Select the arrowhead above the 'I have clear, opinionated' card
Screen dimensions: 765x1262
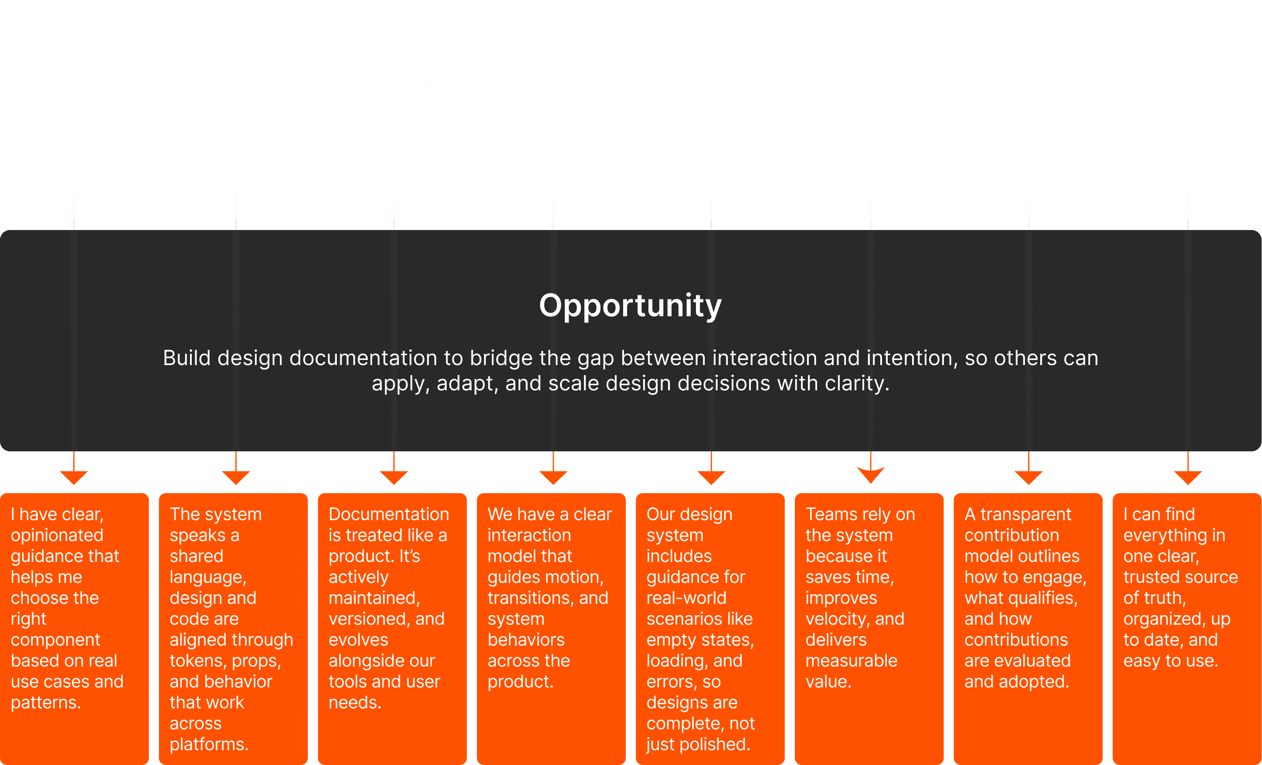[x=74, y=477]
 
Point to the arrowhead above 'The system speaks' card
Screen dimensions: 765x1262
[x=236, y=477]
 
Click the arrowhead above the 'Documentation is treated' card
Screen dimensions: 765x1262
[x=394, y=477]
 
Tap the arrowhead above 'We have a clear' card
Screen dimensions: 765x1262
[x=553, y=477]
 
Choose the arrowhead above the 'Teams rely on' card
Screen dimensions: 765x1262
[x=870, y=476]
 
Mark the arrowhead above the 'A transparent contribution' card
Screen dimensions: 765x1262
[x=1028, y=477]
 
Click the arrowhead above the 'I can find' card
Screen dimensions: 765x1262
[x=1188, y=477]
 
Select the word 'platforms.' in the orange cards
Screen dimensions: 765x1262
[x=209, y=744]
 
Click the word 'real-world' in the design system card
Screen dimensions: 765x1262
[x=686, y=598]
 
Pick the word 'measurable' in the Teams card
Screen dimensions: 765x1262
[x=851, y=660]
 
